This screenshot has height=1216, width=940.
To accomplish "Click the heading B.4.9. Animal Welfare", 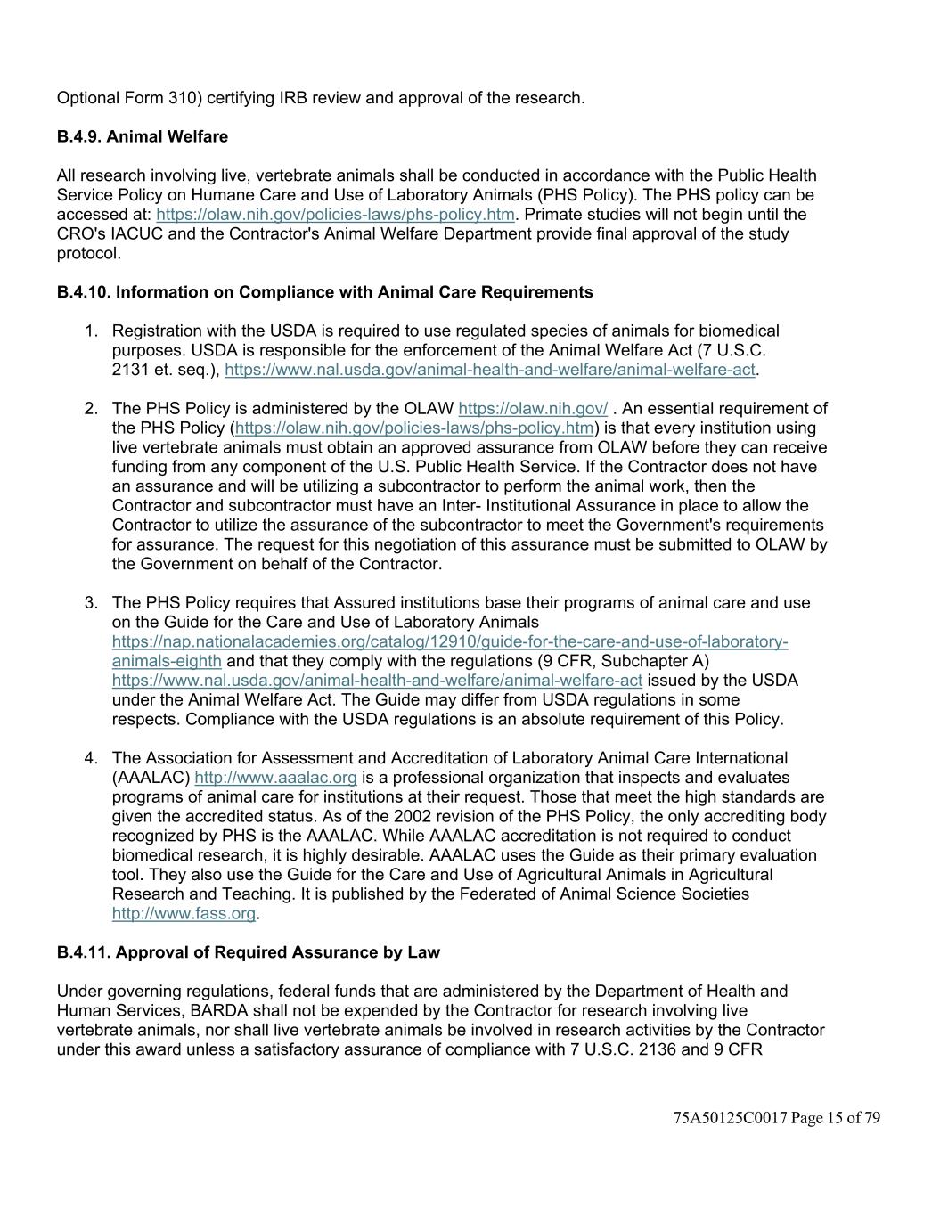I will pos(143,136).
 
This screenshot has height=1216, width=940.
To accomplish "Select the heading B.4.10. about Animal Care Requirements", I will pos(324,292).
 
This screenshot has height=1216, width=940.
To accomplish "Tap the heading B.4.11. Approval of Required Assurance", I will pos(248,952).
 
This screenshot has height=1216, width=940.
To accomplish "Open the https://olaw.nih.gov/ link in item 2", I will pos(533,409).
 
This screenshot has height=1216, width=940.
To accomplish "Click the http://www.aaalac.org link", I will pos(275,778).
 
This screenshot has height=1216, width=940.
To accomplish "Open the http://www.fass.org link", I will pos(184,913).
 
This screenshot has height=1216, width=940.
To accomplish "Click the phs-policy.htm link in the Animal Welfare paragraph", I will pos(335,215).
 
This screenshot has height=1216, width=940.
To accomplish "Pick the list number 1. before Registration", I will pos(91,331).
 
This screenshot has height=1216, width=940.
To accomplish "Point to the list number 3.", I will pos(91,603).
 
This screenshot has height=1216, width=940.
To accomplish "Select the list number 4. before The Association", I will pos(91,758).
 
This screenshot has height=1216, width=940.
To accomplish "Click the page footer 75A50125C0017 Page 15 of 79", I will pos(776,1118).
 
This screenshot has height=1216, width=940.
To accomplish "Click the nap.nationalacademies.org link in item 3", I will pos(449,642).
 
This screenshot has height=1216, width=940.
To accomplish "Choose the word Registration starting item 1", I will pos(156,331).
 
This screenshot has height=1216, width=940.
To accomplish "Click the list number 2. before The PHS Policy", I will pos(91,409).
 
